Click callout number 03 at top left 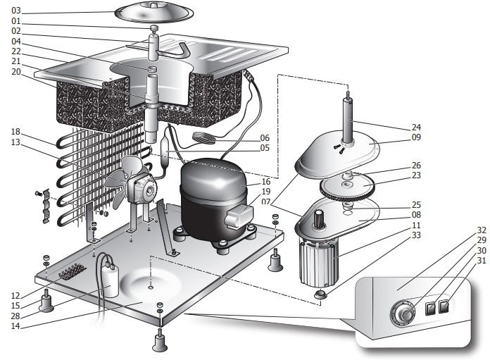click(x=16, y=11)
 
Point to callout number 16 click(x=266, y=182)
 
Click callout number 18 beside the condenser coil click(x=16, y=132)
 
